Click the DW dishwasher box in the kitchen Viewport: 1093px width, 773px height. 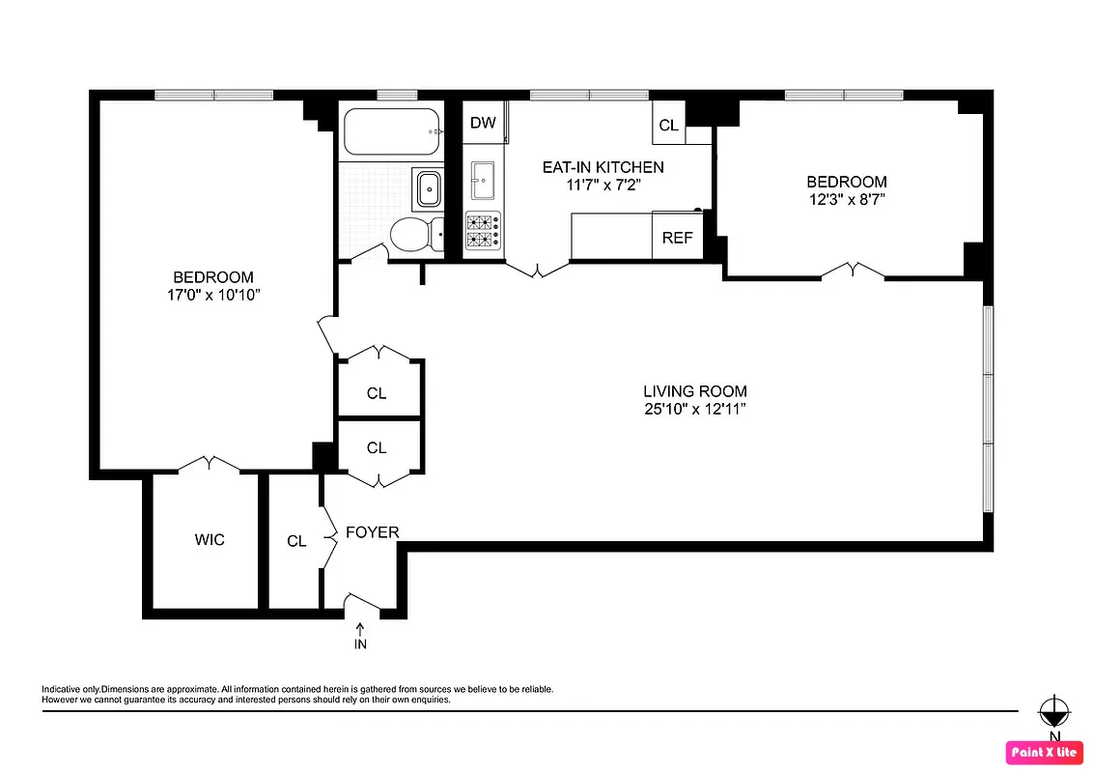(483, 123)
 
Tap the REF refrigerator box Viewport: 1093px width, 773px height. (677, 238)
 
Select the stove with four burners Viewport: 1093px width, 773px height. (483, 233)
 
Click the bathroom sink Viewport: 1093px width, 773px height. (426, 188)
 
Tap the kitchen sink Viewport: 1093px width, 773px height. (483, 180)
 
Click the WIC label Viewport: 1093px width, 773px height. (210, 539)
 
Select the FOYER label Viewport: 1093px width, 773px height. (372, 532)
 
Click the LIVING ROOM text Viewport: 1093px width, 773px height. (695, 391)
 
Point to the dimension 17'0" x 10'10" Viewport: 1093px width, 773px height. (213, 295)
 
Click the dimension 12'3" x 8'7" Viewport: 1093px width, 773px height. (847, 200)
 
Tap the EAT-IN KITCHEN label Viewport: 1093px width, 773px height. (603, 167)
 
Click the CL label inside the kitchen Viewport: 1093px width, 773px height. (668, 126)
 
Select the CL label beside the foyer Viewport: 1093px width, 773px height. (296, 541)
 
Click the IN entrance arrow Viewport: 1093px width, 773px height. (360, 637)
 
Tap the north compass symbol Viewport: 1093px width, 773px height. (1052, 714)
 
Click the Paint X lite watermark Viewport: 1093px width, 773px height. (1044, 752)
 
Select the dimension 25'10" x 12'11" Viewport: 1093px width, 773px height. (695, 409)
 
